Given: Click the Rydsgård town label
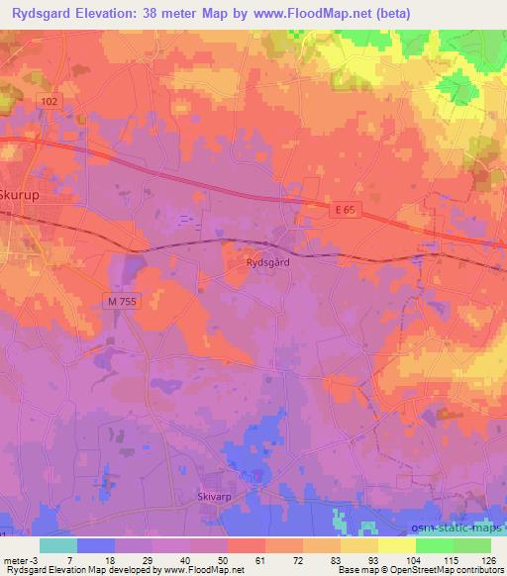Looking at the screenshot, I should pyautogui.click(x=267, y=263).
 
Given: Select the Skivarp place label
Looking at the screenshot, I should pyautogui.click(x=214, y=497).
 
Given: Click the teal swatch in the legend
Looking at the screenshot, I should pyautogui.click(x=57, y=545).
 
